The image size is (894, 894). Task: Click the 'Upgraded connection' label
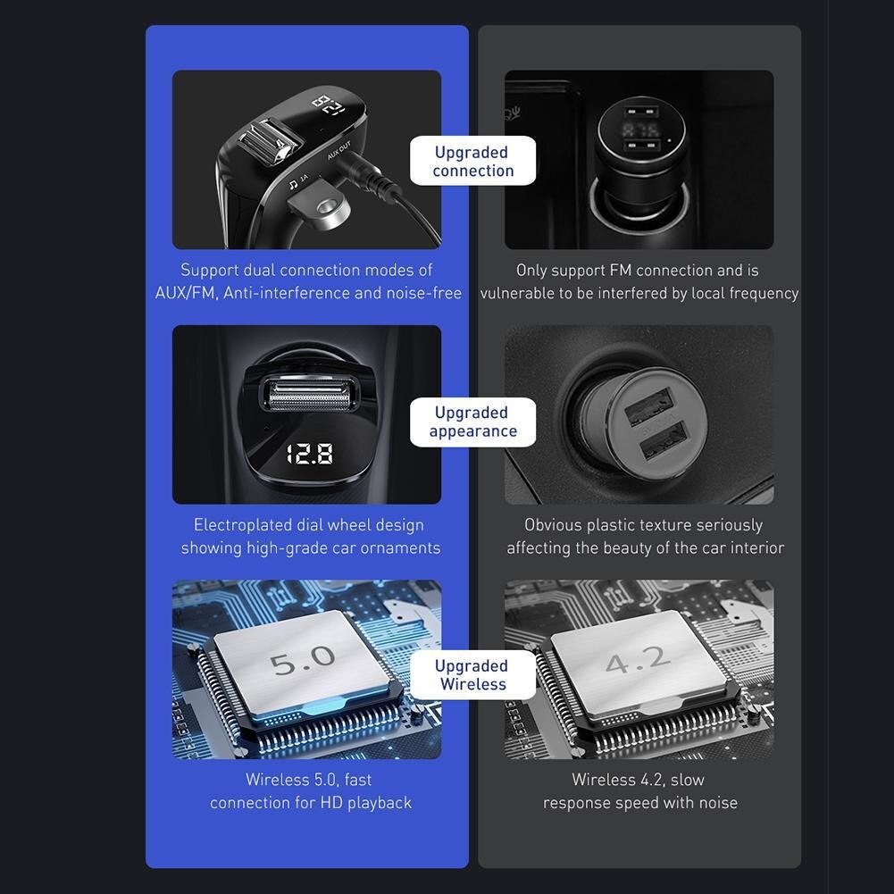point(472,162)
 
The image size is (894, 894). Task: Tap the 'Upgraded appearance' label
point(472,422)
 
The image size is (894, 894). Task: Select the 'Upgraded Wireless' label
point(472,675)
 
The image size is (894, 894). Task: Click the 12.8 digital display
point(309,454)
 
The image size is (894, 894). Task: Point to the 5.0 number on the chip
point(303,661)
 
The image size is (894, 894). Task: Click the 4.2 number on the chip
point(637,660)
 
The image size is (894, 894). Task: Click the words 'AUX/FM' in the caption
point(186,293)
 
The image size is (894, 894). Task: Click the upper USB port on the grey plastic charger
point(640,412)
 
